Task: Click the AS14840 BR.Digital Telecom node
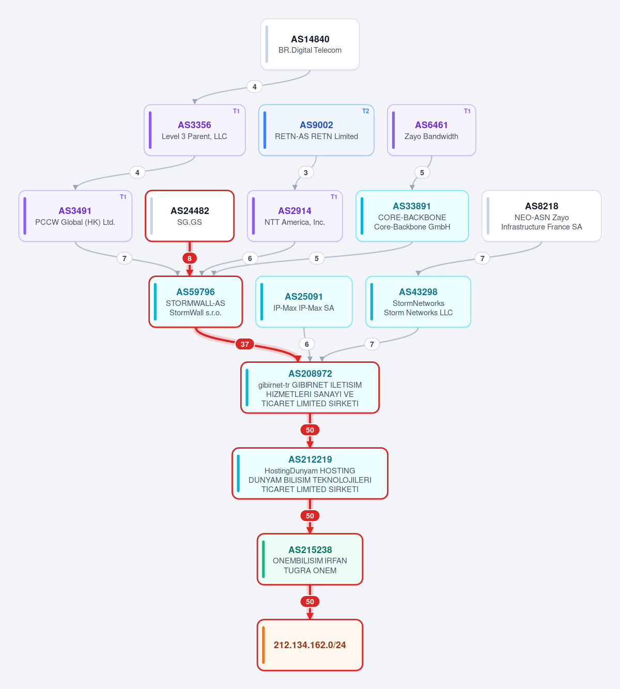click(310, 44)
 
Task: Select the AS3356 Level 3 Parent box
click(194, 130)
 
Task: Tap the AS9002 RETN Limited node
click(316, 130)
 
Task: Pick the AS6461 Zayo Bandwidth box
click(431, 130)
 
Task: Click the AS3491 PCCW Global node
click(75, 216)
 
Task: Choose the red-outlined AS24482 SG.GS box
click(190, 216)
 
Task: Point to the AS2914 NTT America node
click(295, 216)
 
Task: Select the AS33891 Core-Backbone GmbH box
click(412, 216)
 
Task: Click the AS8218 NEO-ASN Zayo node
click(541, 216)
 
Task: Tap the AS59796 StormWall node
click(195, 302)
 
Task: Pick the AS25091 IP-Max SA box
click(304, 302)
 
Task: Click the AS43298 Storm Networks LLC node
click(418, 302)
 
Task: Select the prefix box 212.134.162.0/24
click(310, 645)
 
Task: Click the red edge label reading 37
click(244, 344)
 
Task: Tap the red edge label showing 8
click(189, 258)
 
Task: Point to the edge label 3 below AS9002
click(306, 173)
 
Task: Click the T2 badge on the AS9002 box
click(365, 111)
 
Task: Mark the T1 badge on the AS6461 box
click(467, 111)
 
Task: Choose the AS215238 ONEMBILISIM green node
click(310, 559)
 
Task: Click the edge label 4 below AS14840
click(255, 86)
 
